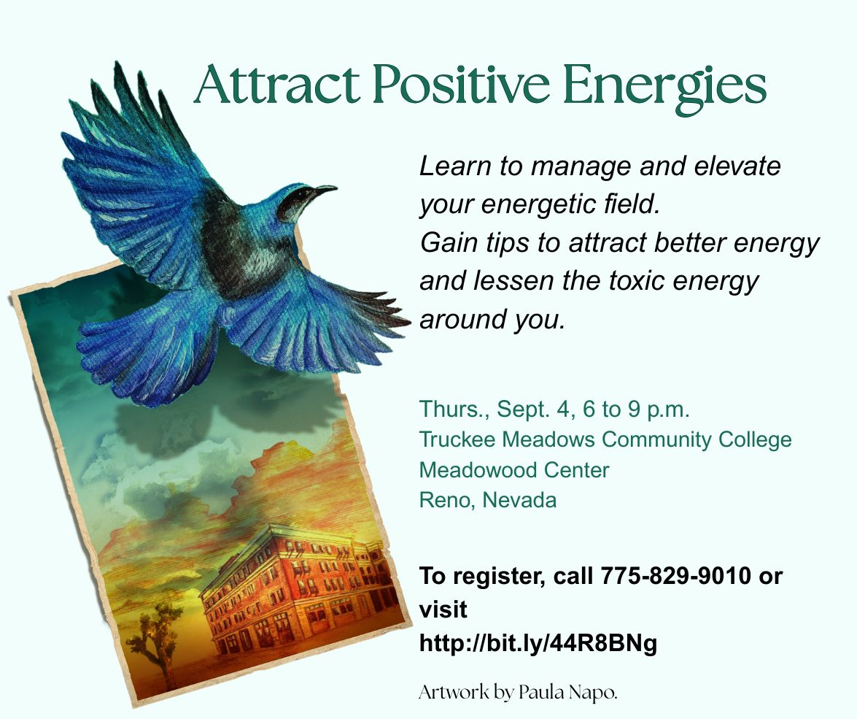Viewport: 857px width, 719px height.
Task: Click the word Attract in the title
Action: [277, 85]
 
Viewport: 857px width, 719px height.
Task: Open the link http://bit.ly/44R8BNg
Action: [538, 644]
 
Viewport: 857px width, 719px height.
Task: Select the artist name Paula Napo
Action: [567, 692]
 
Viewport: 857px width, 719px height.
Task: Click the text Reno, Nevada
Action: [487, 500]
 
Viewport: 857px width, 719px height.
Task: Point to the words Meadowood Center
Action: [513, 470]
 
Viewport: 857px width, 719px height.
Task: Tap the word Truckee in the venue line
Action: [457, 439]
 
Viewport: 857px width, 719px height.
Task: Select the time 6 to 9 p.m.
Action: [636, 410]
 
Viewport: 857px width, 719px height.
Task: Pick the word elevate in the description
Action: [737, 166]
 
